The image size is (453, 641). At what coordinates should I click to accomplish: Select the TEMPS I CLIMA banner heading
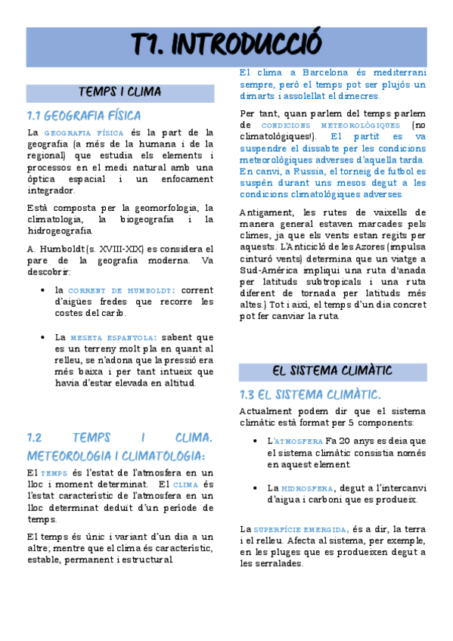tap(120, 92)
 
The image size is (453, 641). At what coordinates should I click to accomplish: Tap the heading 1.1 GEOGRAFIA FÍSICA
tap(83, 116)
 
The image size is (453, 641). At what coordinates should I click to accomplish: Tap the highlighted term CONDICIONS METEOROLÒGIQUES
tap(330, 125)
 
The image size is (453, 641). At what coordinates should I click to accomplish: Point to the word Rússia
tap(307, 172)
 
